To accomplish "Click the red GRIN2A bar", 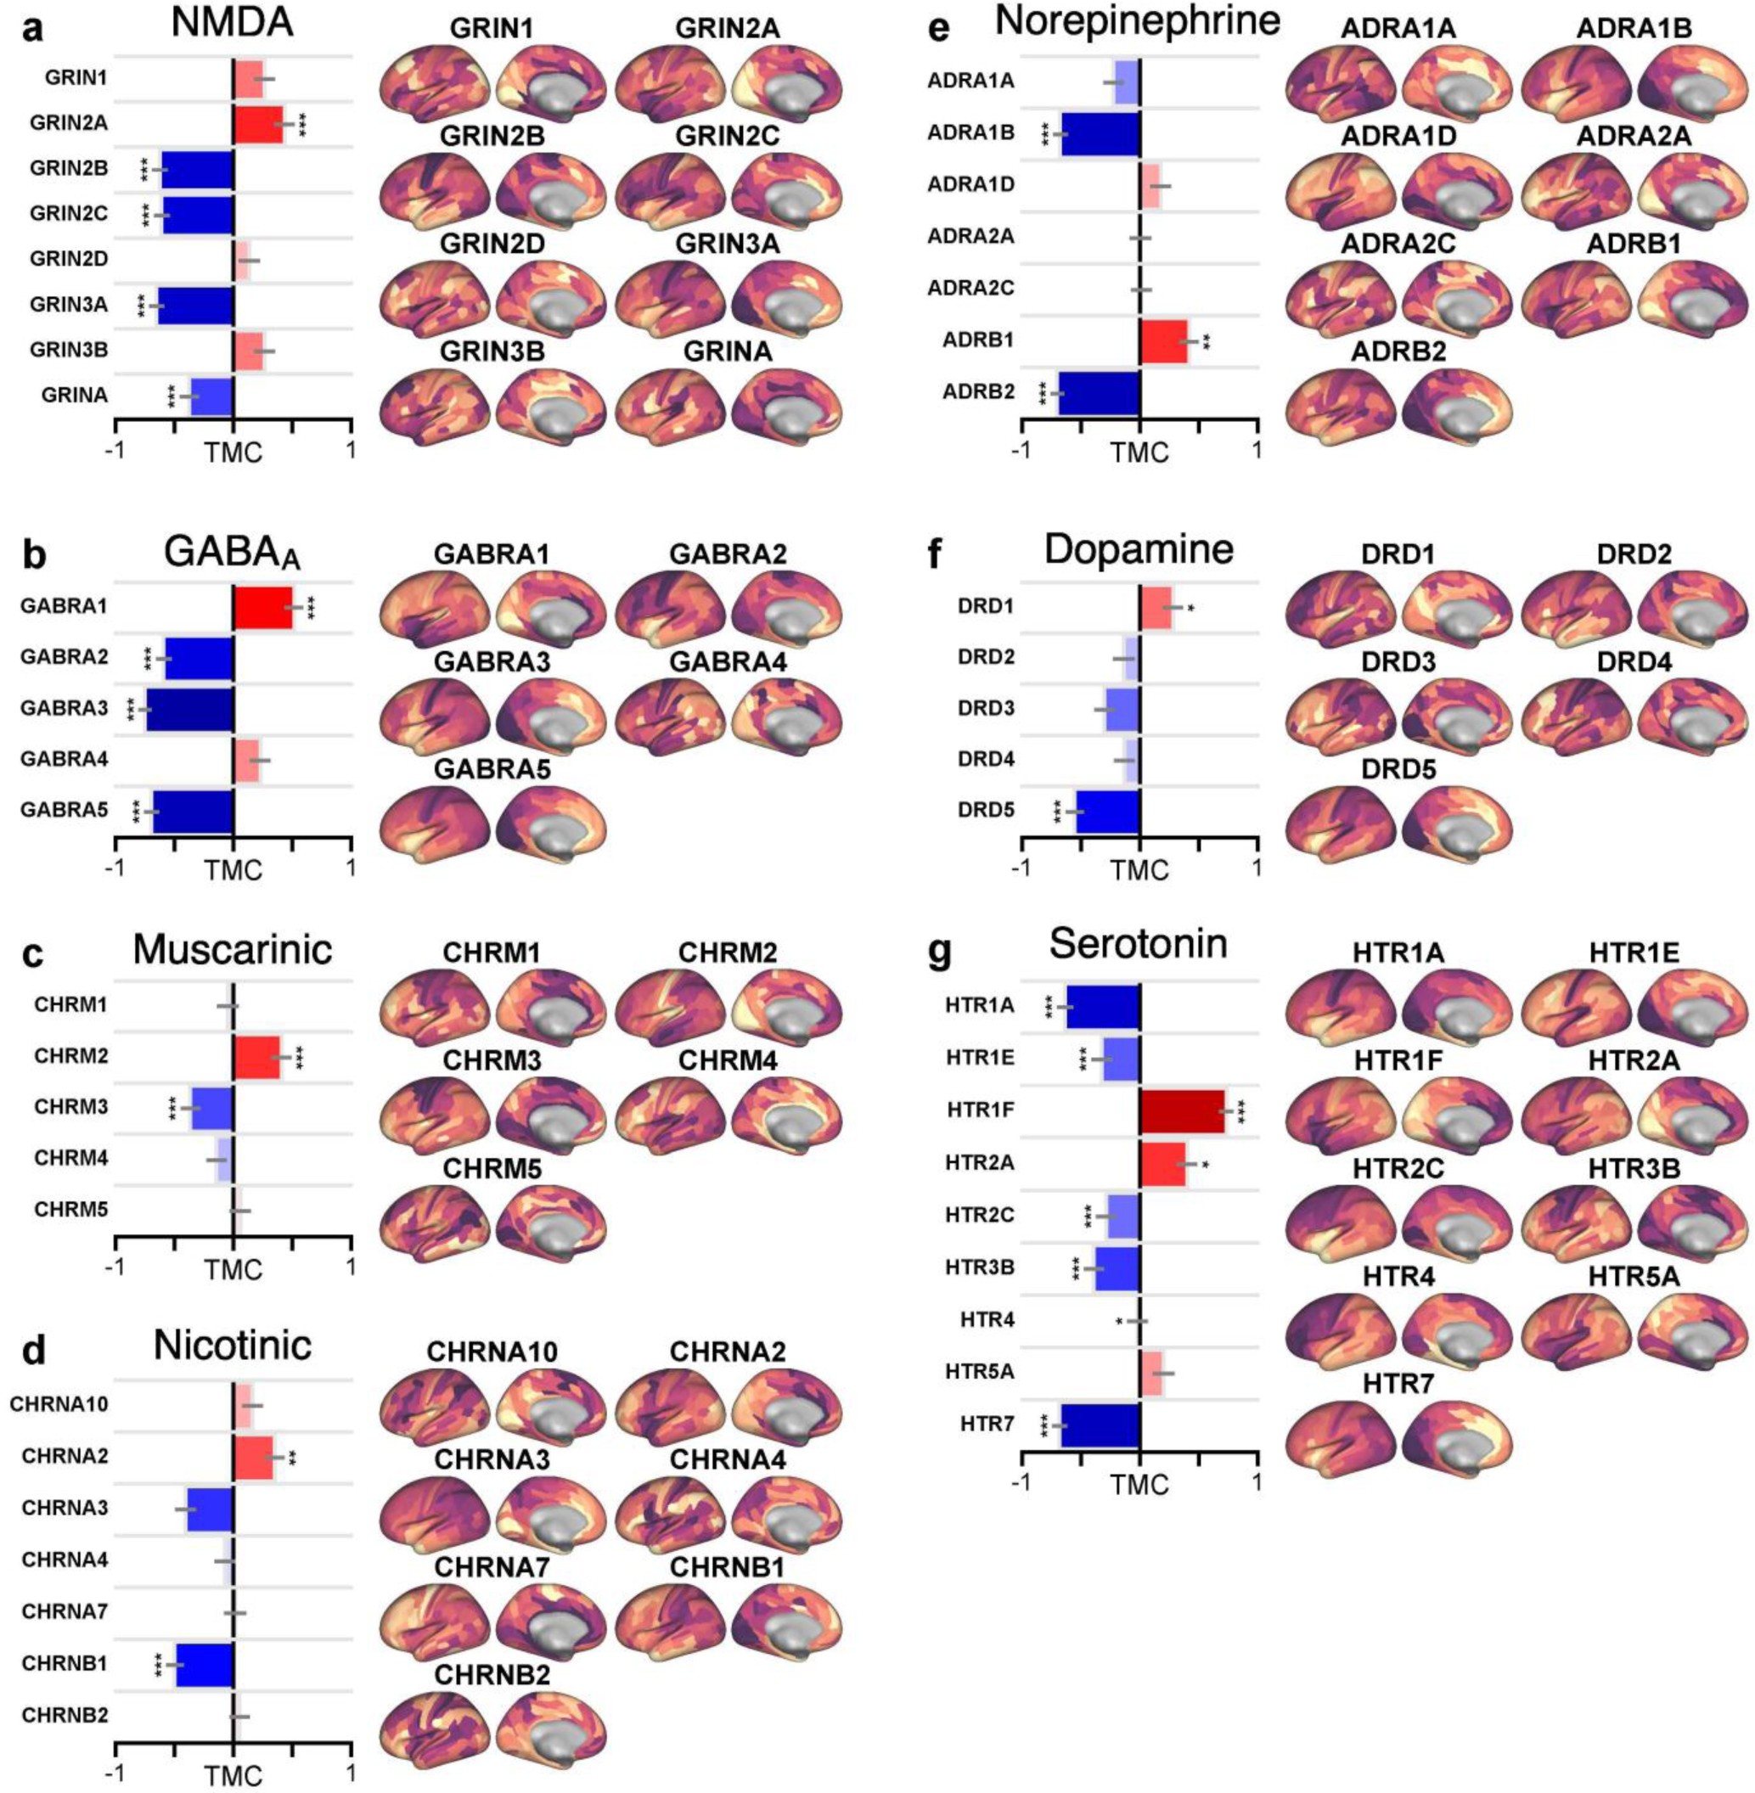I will pos(258,125).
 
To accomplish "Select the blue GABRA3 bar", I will pos(190,710).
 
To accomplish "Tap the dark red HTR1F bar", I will pos(1183,1110).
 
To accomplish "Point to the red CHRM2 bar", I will pos(256,1056).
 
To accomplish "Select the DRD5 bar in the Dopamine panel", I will pos(1109,812).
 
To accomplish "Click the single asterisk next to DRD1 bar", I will pos(1191,610).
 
